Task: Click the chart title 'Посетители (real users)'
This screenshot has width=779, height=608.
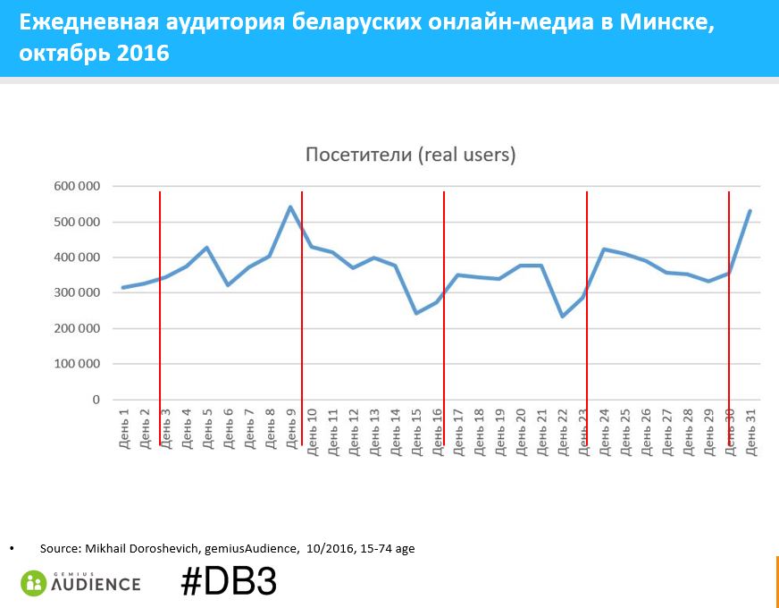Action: [410, 155]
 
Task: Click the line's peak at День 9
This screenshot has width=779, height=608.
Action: [290, 207]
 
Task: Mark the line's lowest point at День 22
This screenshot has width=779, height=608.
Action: [562, 317]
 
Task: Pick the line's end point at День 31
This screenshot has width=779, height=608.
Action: [750, 211]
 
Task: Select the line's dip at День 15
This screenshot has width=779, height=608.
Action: [415, 313]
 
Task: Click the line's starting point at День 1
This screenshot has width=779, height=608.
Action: [122, 287]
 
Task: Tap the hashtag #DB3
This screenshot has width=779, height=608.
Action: [228, 582]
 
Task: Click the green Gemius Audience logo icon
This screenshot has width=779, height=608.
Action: [34, 583]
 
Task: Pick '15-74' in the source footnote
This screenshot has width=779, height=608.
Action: [375, 548]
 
